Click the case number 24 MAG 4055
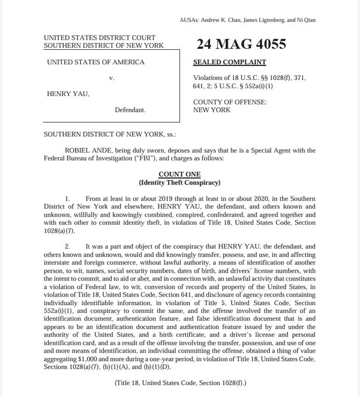tap(241, 44)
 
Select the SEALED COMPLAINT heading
tap(229, 62)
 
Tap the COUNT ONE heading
tap(179, 175)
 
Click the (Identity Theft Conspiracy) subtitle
tap(179, 183)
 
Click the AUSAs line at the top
tap(247, 20)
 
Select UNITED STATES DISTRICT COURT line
tap(100, 38)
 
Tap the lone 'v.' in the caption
tap(112, 78)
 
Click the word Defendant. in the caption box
tap(130, 111)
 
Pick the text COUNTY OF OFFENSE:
tap(230, 103)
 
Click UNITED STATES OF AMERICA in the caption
tap(96, 62)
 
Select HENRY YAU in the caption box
tap(67, 94)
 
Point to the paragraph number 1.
tap(67, 199)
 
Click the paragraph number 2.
tap(67, 247)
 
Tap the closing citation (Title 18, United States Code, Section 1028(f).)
tap(180, 383)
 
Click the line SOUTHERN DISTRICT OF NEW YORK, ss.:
tap(110, 135)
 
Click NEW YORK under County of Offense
tap(212, 111)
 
